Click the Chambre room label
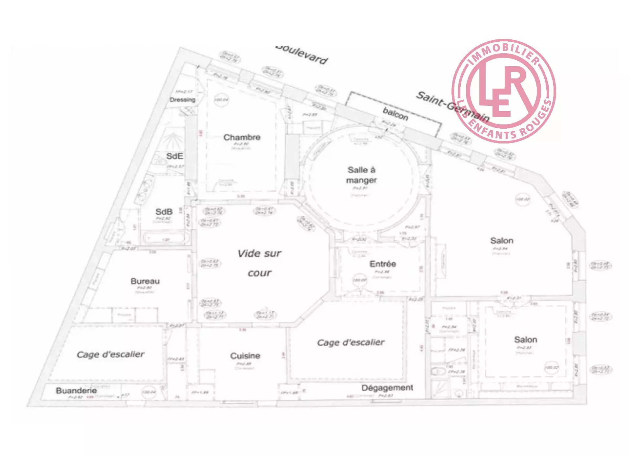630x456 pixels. point(242,137)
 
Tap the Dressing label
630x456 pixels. point(182,99)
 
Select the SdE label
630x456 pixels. point(174,156)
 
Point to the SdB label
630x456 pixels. point(164,212)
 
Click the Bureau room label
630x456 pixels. point(145,281)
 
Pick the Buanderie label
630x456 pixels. point(76,390)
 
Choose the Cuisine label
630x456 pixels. point(245,356)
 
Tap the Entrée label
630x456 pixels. point(383,264)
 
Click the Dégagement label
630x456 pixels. point(387,388)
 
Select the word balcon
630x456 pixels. point(395,114)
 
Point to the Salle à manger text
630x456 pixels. point(361,175)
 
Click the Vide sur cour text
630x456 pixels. point(260,263)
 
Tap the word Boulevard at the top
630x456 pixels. point(302,55)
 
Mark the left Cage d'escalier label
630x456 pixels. point(110,354)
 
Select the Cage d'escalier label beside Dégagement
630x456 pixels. point(350,342)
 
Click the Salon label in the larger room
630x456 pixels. point(502,241)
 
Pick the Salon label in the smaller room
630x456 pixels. point(525,339)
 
